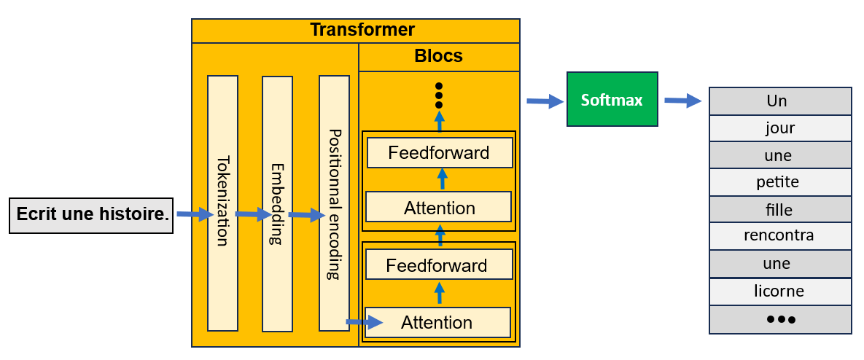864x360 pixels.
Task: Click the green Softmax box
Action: [x=612, y=99]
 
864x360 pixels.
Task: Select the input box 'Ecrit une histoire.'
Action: [x=91, y=215]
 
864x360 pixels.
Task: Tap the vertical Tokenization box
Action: [x=222, y=203]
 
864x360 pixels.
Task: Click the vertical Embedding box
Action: [x=277, y=203]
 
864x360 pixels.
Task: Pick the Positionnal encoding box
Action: [x=334, y=203]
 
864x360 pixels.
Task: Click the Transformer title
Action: [x=362, y=30]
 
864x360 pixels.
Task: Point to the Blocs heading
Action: [x=438, y=56]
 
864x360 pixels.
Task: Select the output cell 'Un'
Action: [x=779, y=101]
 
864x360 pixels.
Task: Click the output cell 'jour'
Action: [x=779, y=128]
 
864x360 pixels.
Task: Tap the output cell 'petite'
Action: [x=779, y=182]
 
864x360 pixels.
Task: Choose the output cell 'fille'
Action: [x=779, y=210]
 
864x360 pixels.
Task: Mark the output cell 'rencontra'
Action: [x=779, y=236]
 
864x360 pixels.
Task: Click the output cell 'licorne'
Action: [x=779, y=291]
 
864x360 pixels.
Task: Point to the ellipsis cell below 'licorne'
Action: [x=779, y=319]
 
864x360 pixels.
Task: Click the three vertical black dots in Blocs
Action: [x=439, y=95]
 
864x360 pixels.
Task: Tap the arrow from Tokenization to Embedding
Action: [x=253, y=215]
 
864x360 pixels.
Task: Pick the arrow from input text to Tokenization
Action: [x=195, y=215]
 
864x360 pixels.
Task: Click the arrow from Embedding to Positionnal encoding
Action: [x=306, y=215]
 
